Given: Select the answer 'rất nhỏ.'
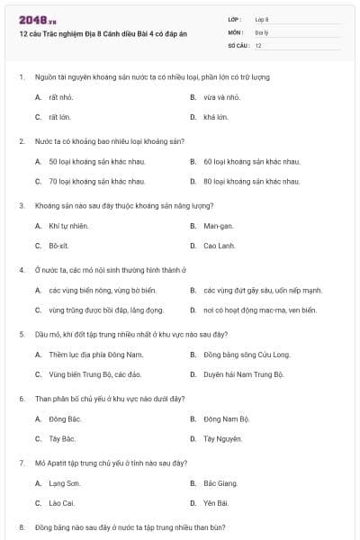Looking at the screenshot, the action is coord(61,96).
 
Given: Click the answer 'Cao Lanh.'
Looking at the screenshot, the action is coord(220,246).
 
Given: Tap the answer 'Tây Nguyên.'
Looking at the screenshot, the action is coord(222,439).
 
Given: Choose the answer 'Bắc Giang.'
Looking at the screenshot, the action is coord(221,483).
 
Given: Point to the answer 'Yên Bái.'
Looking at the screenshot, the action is coord(216,503).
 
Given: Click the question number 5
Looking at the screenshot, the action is coord(21,333).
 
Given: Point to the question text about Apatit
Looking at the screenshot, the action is coord(111,463).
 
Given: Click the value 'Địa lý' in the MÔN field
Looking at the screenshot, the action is coord(261,31).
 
